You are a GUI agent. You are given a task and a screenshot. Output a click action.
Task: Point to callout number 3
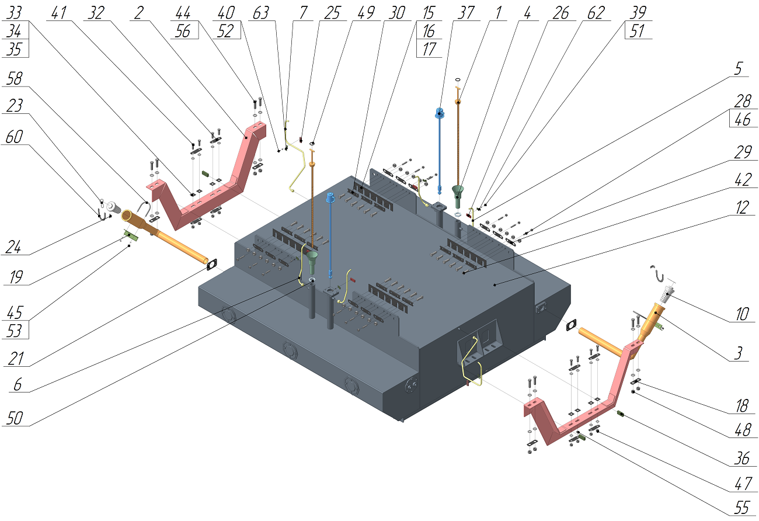(742, 353)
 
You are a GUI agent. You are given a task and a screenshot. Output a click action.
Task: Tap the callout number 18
(742, 404)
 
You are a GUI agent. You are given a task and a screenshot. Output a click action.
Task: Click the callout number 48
(742, 431)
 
